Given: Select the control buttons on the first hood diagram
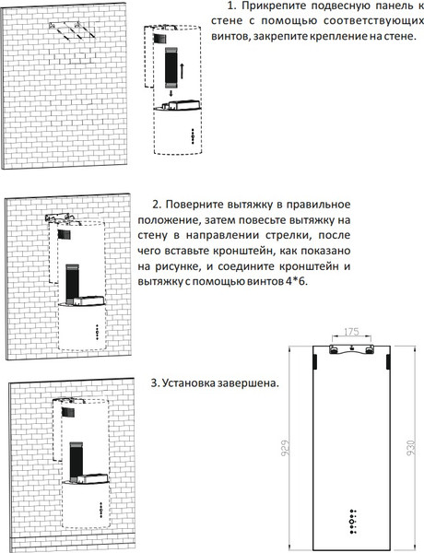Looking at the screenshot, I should click(192, 136).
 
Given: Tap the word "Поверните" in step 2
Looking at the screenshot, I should click(200, 204).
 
